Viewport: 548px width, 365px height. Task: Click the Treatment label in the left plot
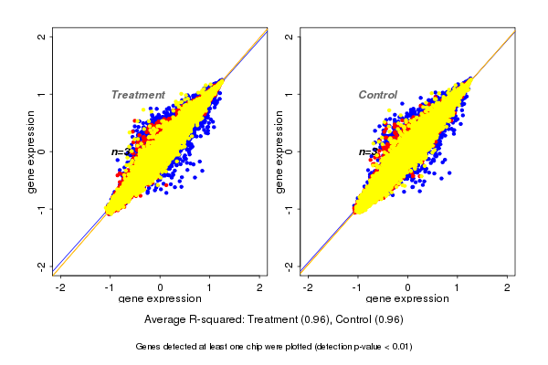pos(138,95)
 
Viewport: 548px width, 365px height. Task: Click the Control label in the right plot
pos(378,95)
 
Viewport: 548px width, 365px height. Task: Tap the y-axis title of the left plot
pos(32,151)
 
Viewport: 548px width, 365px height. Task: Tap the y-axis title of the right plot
pos(279,151)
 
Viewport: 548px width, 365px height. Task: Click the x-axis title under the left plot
pos(160,298)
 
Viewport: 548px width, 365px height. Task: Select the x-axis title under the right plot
pos(407,298)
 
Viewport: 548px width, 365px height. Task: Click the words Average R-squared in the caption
pos(187,320)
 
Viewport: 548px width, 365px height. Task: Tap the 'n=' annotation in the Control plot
pos(364,151)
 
